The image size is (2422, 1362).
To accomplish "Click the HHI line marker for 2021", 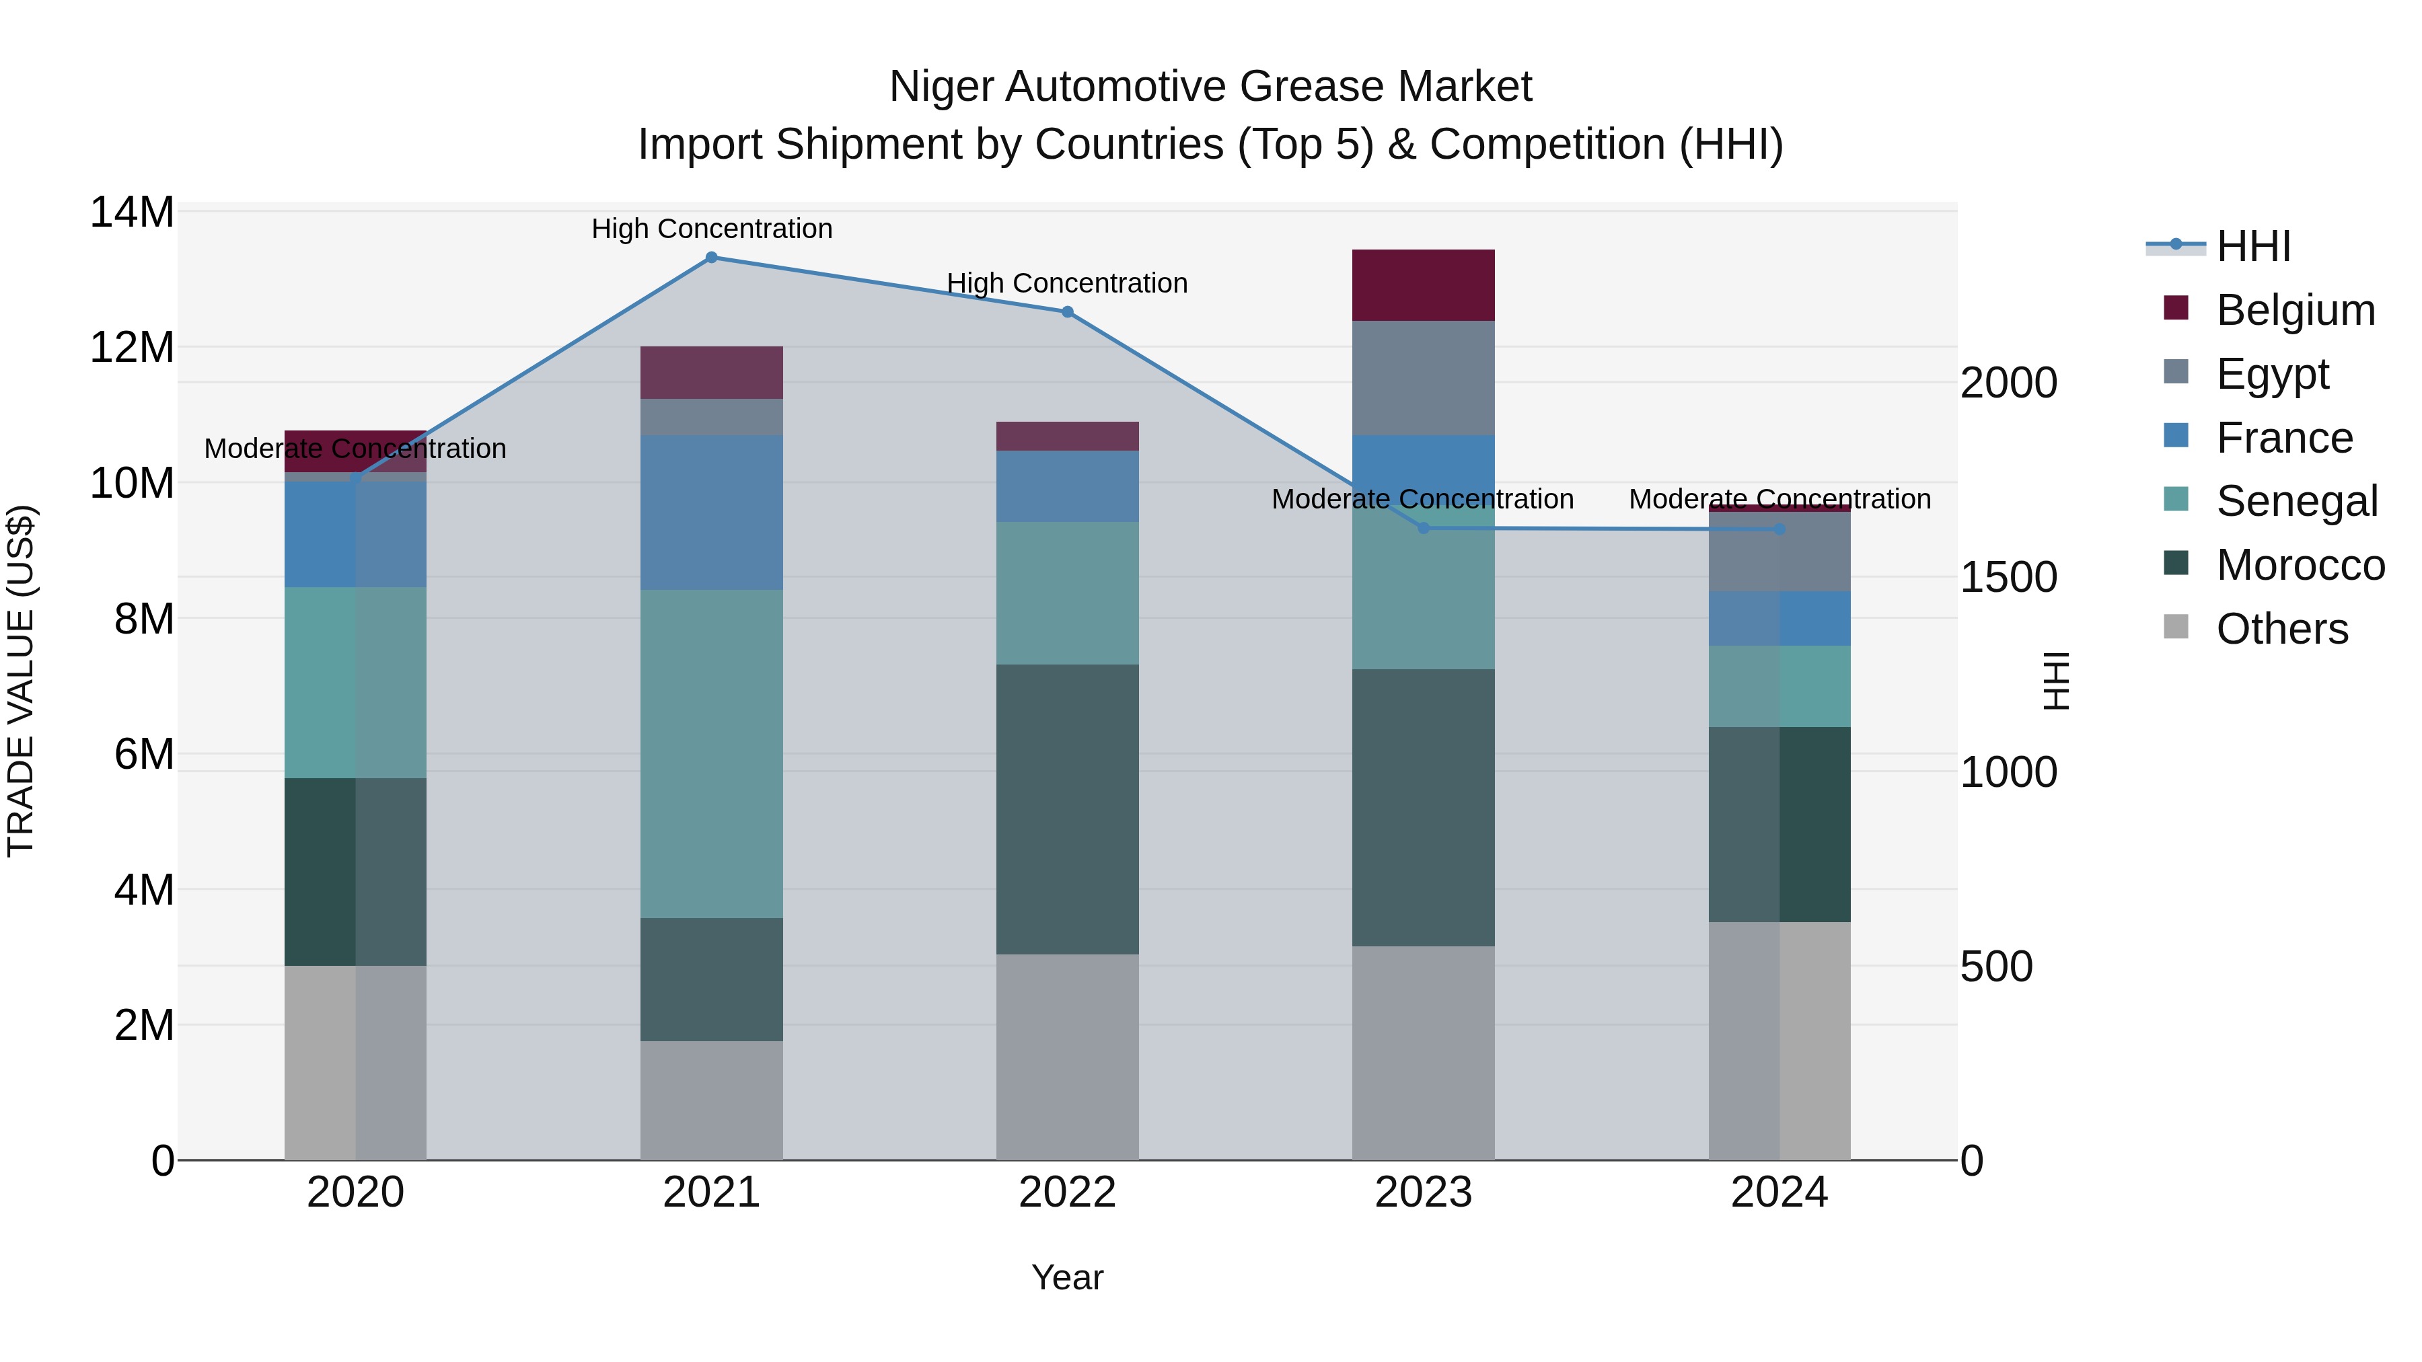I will pyautogui.click(x=711, y=258).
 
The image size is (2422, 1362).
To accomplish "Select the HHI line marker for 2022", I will pyautogui.click(x=1067, y=312).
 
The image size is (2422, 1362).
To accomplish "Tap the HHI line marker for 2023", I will pyautogui.click(x=1424, y=528).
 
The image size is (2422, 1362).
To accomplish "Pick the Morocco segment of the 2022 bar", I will pyautogui.click(x=1067, y=809).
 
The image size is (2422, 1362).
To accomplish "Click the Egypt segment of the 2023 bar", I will pyautogui.click(x=1424, y=378).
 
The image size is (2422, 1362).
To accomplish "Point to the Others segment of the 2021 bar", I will pyautogui.click(x=711, y=1100).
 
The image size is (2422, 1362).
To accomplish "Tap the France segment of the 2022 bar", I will pyautogui.click(x=1067, y=486).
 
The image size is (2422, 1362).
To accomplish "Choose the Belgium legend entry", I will pyautogui.click(x=2294, y=310).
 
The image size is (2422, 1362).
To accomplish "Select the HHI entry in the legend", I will pyautogui.click(x=2252, y=246).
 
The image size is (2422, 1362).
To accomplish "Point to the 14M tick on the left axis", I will pyautogui.click(x=132, y=213).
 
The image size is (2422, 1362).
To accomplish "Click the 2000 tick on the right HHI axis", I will pyautogui.click(x=2008, y=383).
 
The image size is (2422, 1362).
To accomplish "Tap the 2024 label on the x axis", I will pyautogui.click(x=1779, y=1193).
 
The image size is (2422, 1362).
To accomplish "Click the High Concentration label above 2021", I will pyautogui.click(x=712, y=229).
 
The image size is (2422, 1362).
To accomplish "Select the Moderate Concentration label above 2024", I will pyautogui.click(x=1779, y=499).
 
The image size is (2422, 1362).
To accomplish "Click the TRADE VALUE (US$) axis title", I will pyautogui.click(x=21, y=681).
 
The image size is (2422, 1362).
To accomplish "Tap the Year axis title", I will pyautogui.click(x=1067, y=1277).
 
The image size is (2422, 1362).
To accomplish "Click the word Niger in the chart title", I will pyautogui.click(x=942, y=87).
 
